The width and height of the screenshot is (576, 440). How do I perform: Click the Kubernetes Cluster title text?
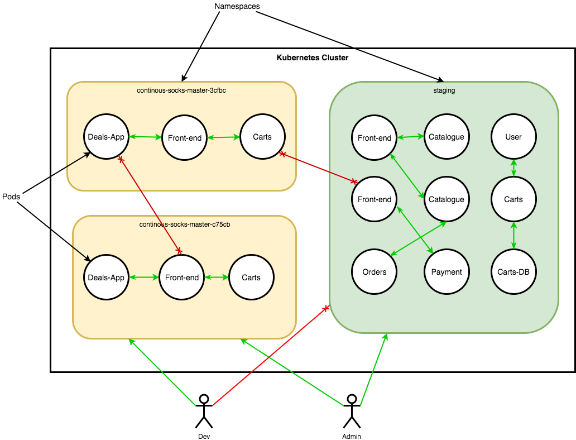point(313,58)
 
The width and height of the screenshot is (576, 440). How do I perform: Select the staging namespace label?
point(444,90)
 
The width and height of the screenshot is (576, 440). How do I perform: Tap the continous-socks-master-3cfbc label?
point(181,90)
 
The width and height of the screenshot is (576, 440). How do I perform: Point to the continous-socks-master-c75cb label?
point(185,224)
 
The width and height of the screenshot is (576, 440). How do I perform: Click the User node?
point(513,137)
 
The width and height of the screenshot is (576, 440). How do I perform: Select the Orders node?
point(375,272)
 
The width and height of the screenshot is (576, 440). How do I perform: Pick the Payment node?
point(447,272)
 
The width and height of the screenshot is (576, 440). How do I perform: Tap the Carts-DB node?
point(513,272)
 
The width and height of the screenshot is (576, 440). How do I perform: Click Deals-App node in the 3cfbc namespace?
point(106,137)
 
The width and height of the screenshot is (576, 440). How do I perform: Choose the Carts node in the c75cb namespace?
point(251,278)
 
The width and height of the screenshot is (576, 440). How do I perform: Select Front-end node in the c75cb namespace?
point(182,278)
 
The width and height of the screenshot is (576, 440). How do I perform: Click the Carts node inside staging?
point(513,199)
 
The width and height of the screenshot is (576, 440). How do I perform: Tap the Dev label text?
point(204,436)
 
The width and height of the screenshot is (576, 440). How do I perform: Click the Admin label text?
point(352,436)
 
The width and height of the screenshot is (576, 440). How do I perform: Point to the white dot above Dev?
point(204,399)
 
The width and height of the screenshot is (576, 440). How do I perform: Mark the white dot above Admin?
point(352,399)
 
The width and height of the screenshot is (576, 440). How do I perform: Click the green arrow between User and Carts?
point(513,168)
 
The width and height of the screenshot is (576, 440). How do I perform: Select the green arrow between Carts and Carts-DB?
point(513,236)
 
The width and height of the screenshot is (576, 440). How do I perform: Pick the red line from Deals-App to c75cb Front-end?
point(150,204)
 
